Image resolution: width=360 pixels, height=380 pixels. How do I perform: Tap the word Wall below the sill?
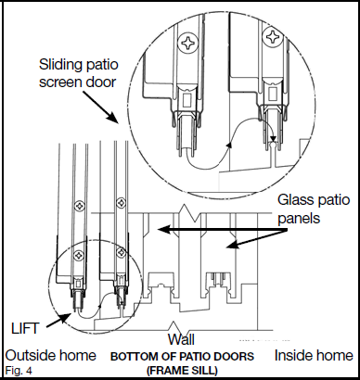[x=181, y=339]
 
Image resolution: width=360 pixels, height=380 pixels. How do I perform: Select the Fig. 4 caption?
[x=18, y=371]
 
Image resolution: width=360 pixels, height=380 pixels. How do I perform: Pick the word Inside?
[x=294, y=355]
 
